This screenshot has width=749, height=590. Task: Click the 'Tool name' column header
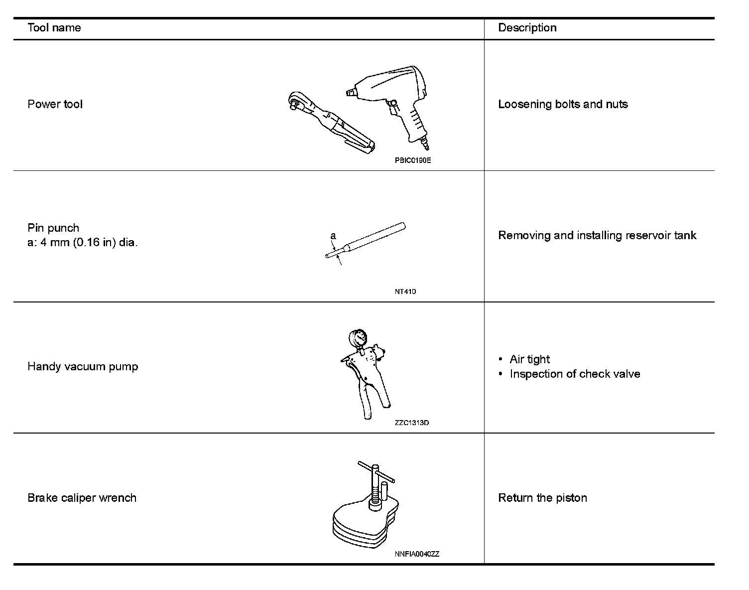[54, 28]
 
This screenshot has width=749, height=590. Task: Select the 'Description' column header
[527, 28]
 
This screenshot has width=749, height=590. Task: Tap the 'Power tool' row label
[55, 104]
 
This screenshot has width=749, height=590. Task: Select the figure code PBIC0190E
[413, 160]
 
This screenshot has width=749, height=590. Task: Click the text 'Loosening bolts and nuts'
[563, 104]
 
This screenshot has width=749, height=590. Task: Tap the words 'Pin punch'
[53, 228]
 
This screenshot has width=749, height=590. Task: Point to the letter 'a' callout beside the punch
[333, 235]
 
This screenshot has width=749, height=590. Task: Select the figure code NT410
[405, 292]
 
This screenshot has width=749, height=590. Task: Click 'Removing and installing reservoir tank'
[597, 235]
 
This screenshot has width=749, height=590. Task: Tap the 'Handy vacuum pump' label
[83, 367]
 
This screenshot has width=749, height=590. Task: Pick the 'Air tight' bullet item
[529, 359]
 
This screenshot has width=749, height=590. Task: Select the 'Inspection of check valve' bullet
[575, 374]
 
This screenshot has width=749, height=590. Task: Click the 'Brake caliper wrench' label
[82, 498]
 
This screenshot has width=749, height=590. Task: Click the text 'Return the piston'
[542, 498]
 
